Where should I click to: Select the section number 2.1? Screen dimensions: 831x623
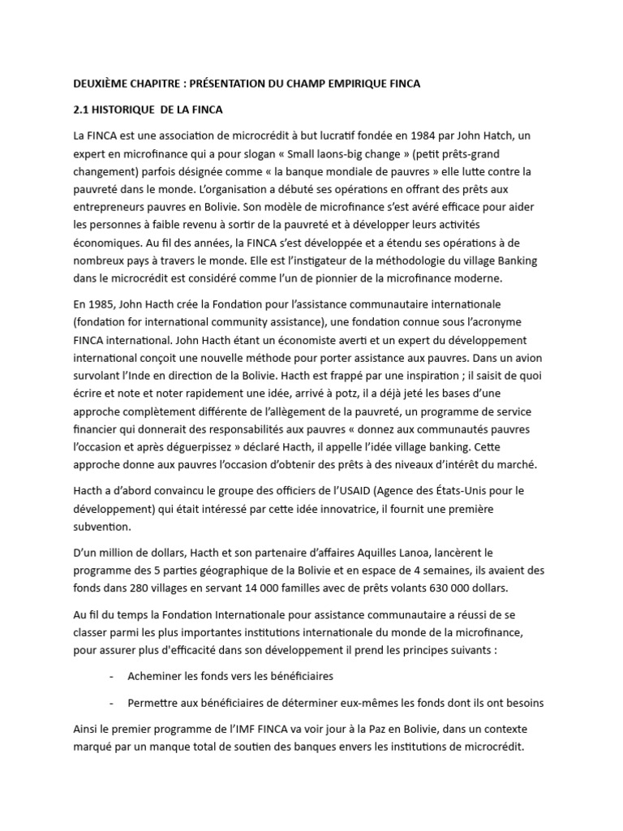click(82, 110)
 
